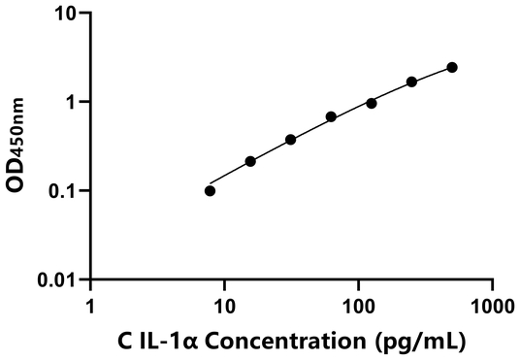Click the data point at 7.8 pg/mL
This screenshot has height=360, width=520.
coord(211,190)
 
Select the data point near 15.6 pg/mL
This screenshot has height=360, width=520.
coord(250,161)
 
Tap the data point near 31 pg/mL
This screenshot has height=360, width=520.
coord(290,140)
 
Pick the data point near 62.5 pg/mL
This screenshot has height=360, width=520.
coord(331,116)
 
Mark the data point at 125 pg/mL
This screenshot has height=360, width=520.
coord(372,103)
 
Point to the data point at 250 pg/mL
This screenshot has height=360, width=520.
coord(411,82)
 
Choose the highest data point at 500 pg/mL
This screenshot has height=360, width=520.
coord(452,67)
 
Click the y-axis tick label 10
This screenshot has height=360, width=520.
coord(66,14)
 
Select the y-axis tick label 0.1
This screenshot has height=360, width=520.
coord(63,191)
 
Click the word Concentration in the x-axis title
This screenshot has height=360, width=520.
coord(307,341)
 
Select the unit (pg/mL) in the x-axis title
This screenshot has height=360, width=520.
coord(427,341)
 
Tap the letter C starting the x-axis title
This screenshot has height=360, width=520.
coord(124,341)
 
